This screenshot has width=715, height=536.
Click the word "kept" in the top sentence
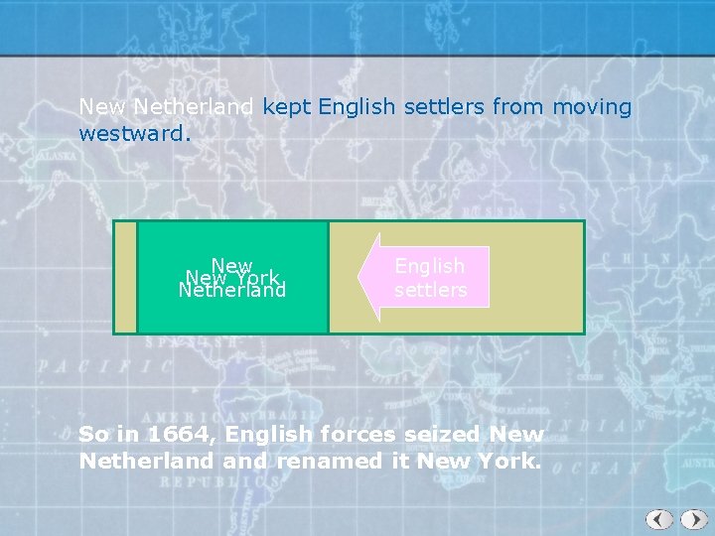287,106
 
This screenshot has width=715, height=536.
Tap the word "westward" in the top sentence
130,131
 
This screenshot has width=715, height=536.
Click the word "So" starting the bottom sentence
92,434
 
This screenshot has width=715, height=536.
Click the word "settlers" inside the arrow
430,290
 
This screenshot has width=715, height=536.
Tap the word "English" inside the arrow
429,266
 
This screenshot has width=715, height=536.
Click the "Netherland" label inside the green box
232,291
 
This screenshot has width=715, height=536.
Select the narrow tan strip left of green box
125,277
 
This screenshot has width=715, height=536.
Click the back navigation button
659,519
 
